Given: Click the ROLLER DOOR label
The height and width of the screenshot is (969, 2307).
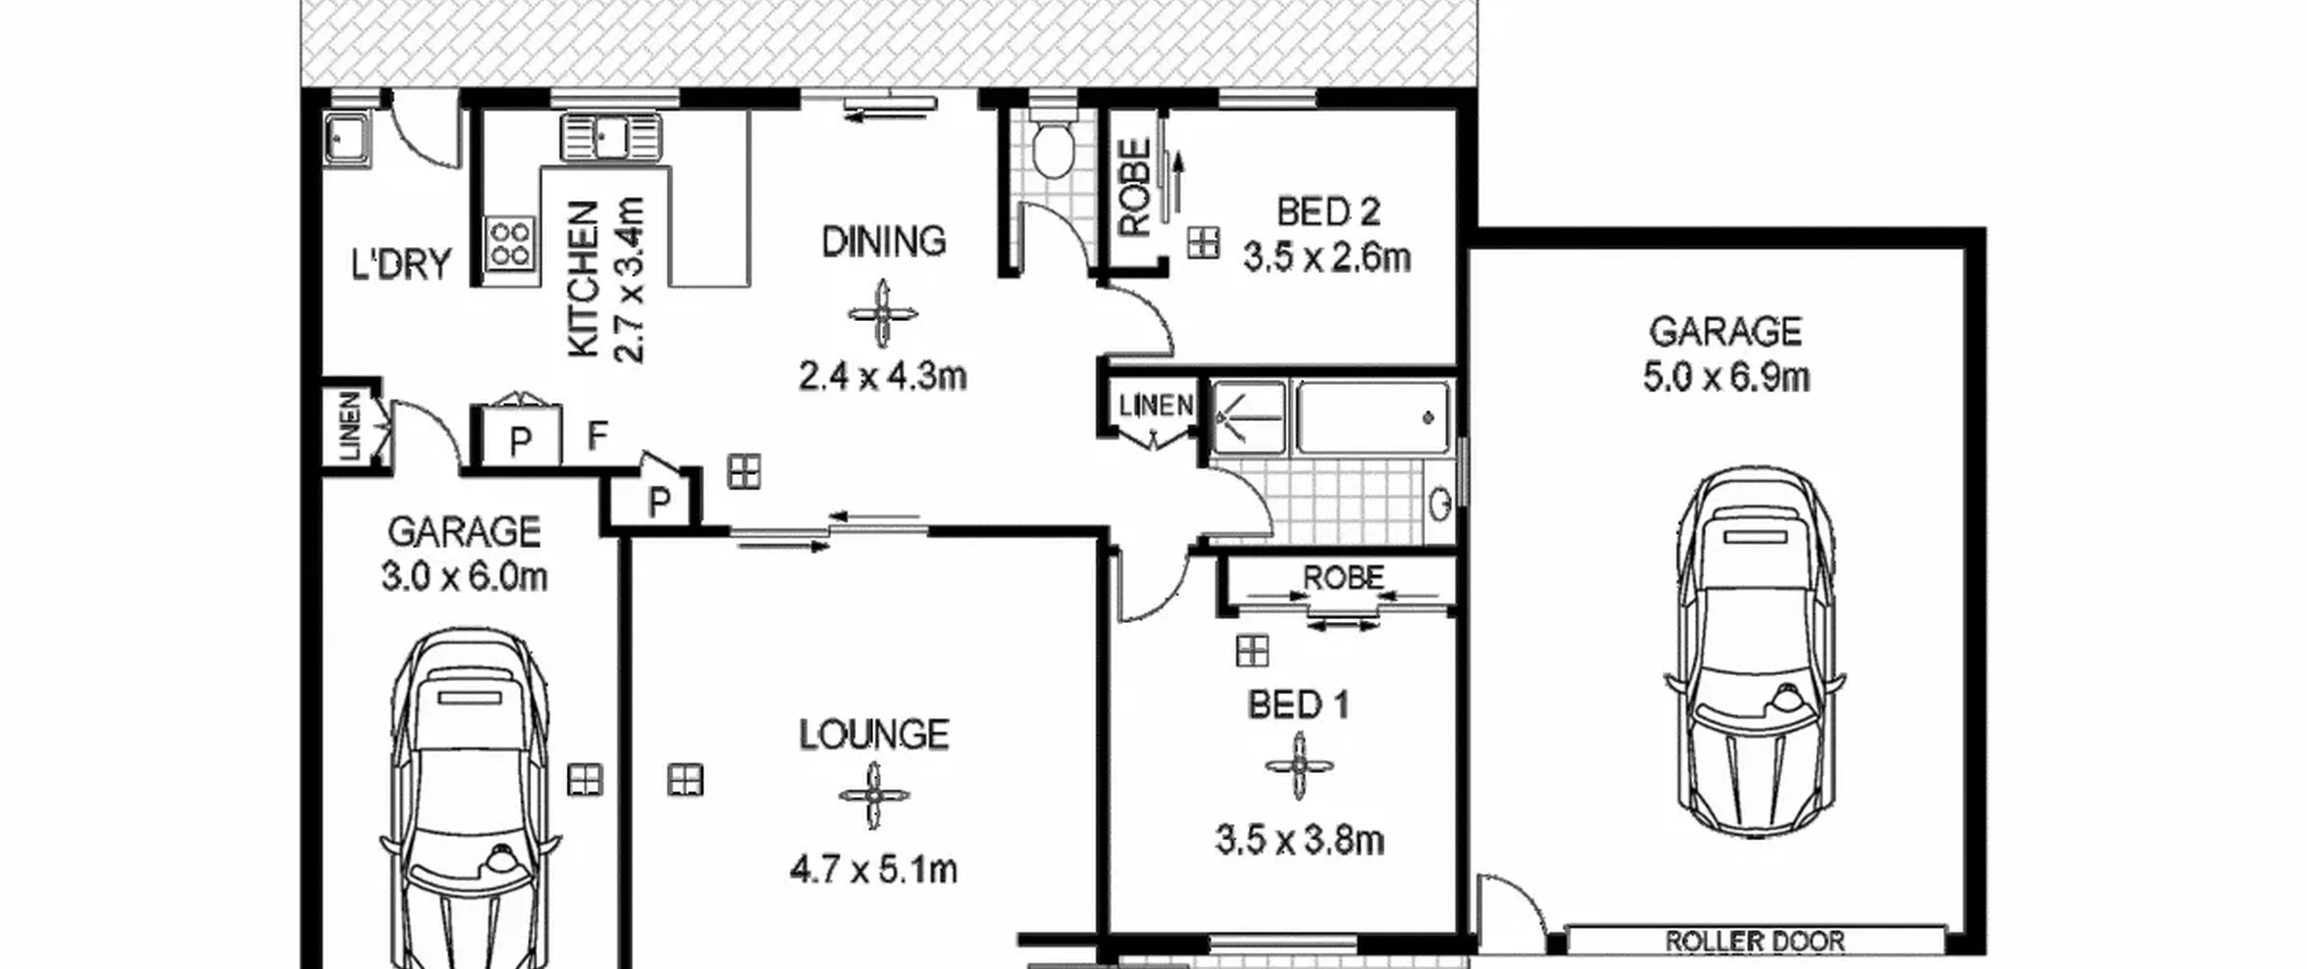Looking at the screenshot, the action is click(x=1754, y=941).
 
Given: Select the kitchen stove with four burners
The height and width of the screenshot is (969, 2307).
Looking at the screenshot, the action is click(x=510, y=243).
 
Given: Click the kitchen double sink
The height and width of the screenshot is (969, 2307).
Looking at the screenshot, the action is click(x=611, y=138).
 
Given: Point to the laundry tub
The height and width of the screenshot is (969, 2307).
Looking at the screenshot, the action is click(x=347, y=142).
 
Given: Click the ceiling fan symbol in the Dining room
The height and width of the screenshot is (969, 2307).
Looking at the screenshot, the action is click(x=882, y=314).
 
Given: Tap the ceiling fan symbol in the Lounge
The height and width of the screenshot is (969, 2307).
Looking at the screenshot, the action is click(x=873, y=796).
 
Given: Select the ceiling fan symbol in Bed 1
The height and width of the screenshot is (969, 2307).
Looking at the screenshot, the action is click(x=1299, y=766).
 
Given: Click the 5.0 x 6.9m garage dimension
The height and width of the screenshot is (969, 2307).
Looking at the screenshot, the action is click(x=1726, y=377).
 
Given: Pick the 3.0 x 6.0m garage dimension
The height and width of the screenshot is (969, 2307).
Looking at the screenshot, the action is click(x=464, y=577).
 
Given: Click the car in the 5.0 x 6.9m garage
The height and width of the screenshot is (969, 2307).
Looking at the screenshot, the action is click(x=1754, y=652).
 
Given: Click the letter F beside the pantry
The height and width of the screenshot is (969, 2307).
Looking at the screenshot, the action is click(x=597, y=436).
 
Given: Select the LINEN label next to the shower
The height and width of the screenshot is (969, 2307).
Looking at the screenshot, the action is click(x=1155, y=406).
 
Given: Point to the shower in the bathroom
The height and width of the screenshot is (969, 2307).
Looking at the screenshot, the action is click(x=1248, y=417).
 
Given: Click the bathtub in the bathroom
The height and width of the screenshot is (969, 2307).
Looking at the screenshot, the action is click(x=1372, y=417).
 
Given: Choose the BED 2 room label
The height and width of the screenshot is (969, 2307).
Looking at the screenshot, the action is click(x=1328, y=212).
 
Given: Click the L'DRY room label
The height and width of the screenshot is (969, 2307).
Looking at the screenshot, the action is click(x=400, y=264).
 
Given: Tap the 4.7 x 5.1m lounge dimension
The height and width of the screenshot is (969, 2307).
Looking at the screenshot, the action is click(x=873, y=871).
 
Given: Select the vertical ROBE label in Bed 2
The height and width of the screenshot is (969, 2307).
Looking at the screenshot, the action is click(x=1135, y=187).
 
